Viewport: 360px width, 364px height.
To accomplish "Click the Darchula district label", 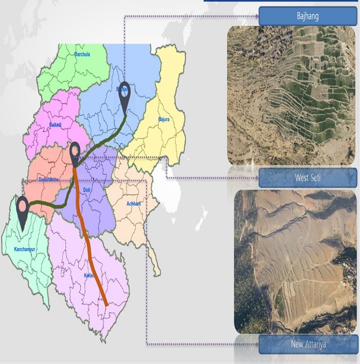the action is tap(82, 54).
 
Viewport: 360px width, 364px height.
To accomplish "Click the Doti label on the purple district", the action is tap(87, 190).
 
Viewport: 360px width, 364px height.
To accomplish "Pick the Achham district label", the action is tap(134, 204).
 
